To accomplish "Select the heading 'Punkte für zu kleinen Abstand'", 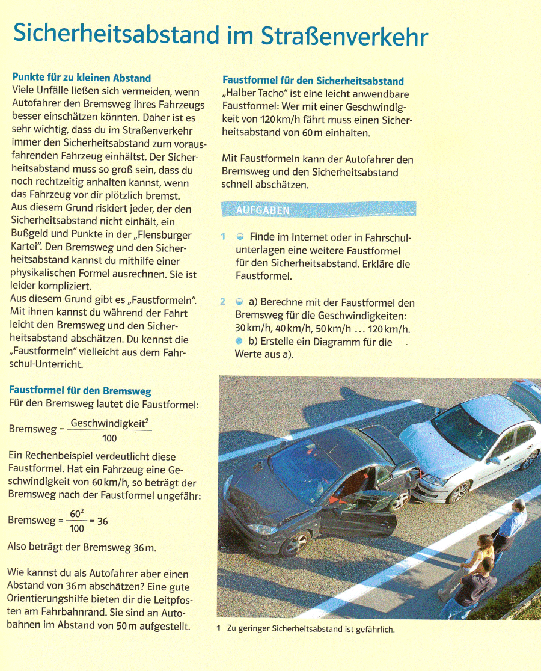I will point(81,78).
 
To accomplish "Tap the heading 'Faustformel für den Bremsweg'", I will point(80,391).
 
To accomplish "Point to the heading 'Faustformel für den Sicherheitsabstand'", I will point(313,81).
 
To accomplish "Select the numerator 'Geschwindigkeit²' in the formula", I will point(109,423).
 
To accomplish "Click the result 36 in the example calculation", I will point(102,521).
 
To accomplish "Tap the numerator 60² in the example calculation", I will point(76,513).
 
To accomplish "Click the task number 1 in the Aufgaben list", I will point(222,237).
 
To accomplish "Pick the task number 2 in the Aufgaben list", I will point(222,302).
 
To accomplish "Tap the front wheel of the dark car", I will point(295,544).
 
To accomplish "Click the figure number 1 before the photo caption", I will point(219,629).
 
